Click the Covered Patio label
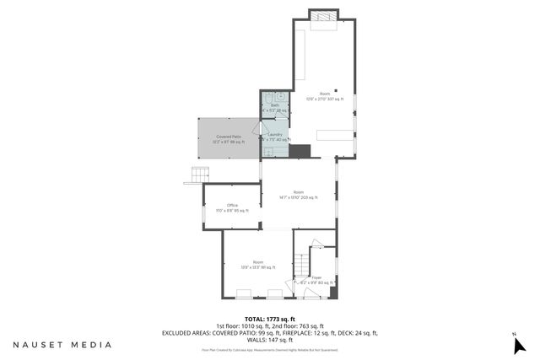(x=229, y=138)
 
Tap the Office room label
(x=232, y=207)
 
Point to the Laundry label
(x=275, y=137)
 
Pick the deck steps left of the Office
(x=198, y=175)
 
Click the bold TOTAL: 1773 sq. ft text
(x=270, y=319)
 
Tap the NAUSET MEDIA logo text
(x=62, y=345)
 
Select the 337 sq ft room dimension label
(x=324, y=96)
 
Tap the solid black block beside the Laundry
(x=300, y=151)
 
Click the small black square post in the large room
(x=336, y=89)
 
